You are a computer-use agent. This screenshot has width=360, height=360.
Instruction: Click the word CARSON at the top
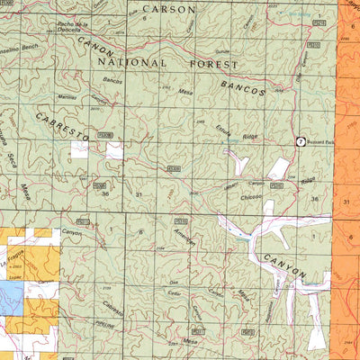(x=169, y=9)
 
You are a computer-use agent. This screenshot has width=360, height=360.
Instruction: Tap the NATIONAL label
(x=138, y=63)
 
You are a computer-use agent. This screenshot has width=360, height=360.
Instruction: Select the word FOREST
(x=209, y=65)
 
